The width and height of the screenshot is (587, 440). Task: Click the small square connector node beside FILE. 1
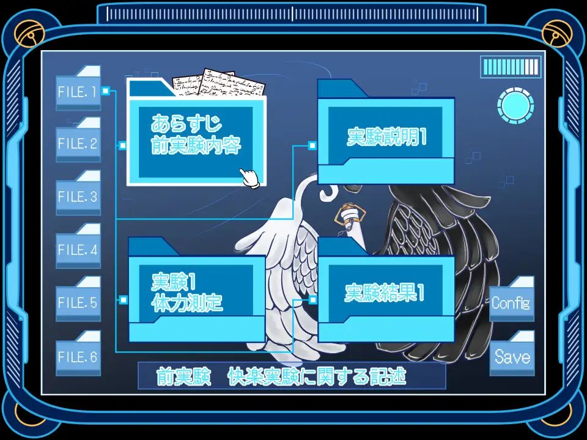(x=106, y=91)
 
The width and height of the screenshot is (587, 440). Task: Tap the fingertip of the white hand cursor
(x=242, y=170)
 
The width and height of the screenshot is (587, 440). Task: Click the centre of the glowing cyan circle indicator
(x=515, y=106)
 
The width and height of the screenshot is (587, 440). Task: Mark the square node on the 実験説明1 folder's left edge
(x=312, y=145)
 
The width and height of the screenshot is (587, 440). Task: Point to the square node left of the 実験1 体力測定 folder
(x=123, y=299)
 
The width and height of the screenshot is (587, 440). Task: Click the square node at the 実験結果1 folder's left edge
(x=312, y=299)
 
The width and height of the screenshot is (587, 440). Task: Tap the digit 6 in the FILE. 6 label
(x=93, y=357)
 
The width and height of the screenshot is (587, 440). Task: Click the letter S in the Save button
(x=499, y=356)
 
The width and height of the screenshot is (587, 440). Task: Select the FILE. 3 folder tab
(x=78, y=193)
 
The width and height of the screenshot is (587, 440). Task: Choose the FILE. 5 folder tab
(x=78, y=298)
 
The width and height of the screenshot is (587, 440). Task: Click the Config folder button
(x=512, y=298)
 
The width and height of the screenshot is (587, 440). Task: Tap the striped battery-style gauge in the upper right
(x=511, y=67)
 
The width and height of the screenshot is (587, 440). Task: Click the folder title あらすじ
(x=186, y=123)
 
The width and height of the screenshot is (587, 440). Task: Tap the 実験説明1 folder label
(x=386, y=136)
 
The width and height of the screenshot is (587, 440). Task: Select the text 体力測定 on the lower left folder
(x=187, y=302)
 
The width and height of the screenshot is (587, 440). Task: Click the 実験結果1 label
(x=385, y=293)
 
